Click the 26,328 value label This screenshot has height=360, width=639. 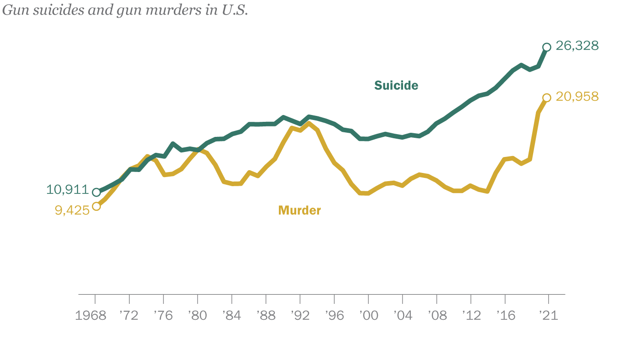point(577,46)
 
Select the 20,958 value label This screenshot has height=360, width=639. point(577,97)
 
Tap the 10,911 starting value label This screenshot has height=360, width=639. point(67,190)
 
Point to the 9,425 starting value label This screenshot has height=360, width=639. point(72,211)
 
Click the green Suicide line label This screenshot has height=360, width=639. point(396,86)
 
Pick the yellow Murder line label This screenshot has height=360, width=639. point(299,210)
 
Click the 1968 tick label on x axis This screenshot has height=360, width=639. point(90,316)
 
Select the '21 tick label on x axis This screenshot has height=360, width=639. point(548,316)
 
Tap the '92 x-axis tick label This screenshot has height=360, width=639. point(300,316)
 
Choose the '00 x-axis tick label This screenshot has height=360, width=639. point(368,316)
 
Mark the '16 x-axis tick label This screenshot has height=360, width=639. point(505,316)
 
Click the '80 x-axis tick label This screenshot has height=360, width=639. point(197,316)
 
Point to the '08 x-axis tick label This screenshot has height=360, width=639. point(437,316)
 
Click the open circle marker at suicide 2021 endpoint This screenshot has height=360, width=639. point(546,47)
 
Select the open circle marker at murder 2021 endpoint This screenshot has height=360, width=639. point(546,98)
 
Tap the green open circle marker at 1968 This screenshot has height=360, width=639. point(96,192)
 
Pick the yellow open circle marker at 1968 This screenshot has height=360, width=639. point(96,206)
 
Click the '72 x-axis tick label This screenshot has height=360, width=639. point(129,316)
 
